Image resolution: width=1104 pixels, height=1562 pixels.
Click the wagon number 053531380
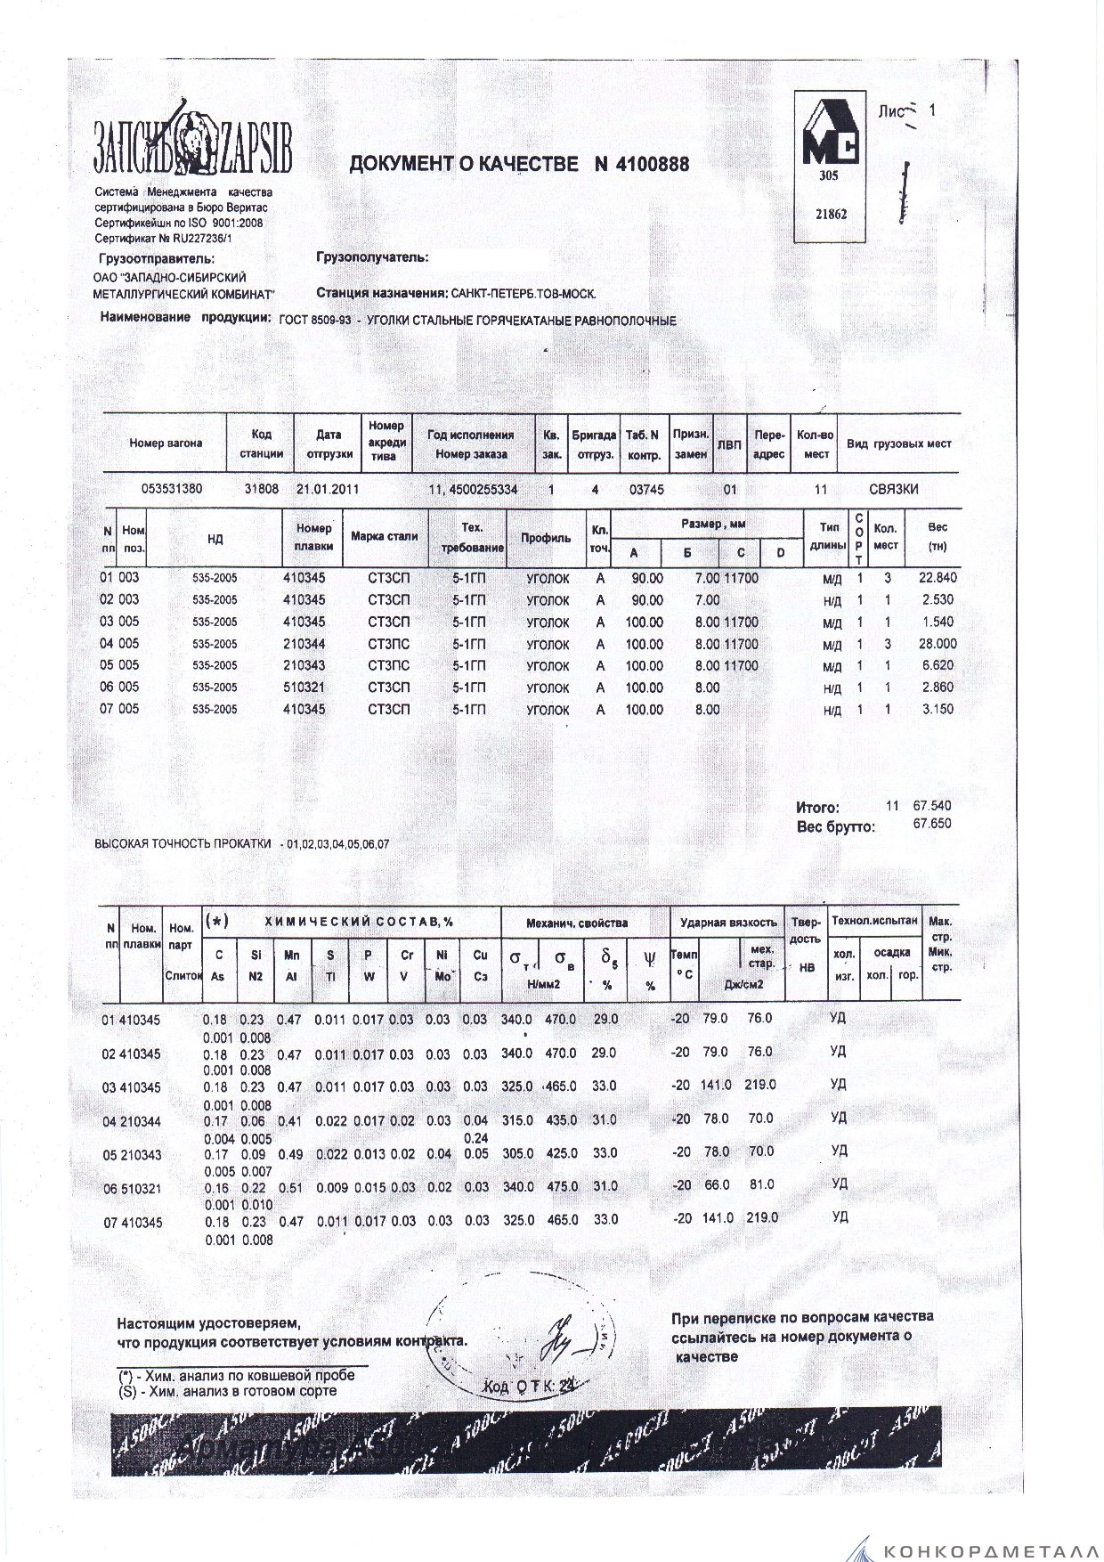coord(173,490)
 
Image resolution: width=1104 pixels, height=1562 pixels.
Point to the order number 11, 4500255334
coord(473,490)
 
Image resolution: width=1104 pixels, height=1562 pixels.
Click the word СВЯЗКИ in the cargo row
coord(893,490)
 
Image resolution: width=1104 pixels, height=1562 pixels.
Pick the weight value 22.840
coord(938,578)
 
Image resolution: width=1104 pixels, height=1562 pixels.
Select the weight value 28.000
coord(938,644)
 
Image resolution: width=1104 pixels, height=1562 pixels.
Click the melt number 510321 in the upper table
coord(304,687)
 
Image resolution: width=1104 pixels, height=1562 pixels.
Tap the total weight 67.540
coord(932,806)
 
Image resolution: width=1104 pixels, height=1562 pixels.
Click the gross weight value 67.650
coord(932,824)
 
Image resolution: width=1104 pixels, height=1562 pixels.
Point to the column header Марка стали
coord(385,537)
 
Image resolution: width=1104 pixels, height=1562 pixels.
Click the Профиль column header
coord(546,538)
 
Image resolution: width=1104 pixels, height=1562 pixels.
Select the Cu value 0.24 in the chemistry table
coord(476,1137)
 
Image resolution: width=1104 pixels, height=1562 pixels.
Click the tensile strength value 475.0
coord(561,1186)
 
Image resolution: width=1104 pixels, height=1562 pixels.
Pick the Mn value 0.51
coord(290,1186)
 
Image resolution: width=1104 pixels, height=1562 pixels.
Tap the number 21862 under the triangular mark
coord(830,215)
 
